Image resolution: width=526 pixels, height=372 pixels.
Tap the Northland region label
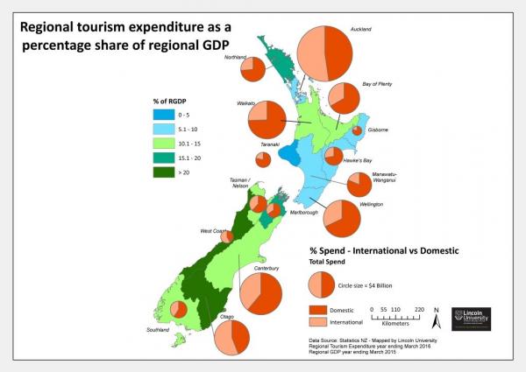point(236,58)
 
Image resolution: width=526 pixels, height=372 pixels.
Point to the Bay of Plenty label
point(380,83)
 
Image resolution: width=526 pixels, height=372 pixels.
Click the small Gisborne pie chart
point(358,130)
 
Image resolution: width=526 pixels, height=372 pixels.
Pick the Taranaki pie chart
point(263,159)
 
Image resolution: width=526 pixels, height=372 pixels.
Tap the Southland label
point(159,330)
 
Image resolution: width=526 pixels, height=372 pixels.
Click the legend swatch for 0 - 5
point(160,115)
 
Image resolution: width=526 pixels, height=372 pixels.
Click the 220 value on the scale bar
point(420,310)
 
